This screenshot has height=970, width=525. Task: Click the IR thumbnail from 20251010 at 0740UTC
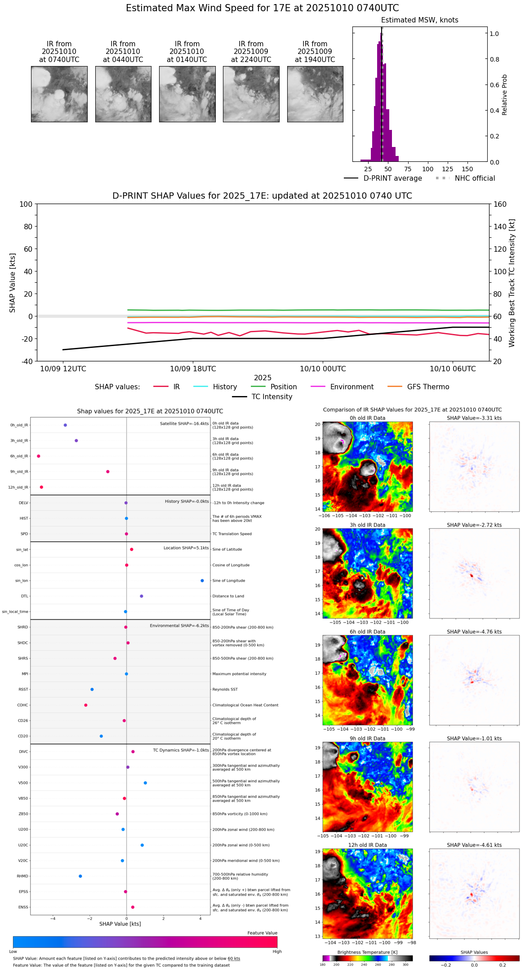pyautogui.click(x=59, y=94)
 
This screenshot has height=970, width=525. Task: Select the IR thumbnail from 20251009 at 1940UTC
pyautogui.click(x=315, y=94)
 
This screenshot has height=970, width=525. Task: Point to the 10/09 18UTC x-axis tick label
pyautogui.click(x=193, y=369)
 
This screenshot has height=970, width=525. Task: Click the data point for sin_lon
pyautogui.click(x=202, y=581)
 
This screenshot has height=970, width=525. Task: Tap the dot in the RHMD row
pyautogui.click(x=80, y=876)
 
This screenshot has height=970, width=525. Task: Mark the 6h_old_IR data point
pyautogui.click(x=39, y=456)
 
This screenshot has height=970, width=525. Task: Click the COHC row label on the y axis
pyautogui.click(x=22, y=705)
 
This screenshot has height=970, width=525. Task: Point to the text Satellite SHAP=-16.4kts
pyautogui.click(x=184, y=424)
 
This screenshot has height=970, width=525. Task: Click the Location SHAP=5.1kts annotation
pyautogui.click(x=186, y=548)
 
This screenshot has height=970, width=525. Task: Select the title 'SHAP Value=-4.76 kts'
pyautogui.click(x=474, y=632)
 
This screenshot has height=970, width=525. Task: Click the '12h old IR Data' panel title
pyautogui.click(x=367, y=845)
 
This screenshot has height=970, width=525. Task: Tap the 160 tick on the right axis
pyautogui.click(x=500, y=205)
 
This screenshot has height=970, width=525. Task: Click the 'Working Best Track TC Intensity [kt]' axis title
pyautogui.click(x=512, y=283)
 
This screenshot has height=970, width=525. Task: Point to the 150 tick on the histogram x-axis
pyautogui.click(x=467, y=169)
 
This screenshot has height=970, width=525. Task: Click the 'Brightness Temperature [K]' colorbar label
pyautogui.click(x=367, y=952)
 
